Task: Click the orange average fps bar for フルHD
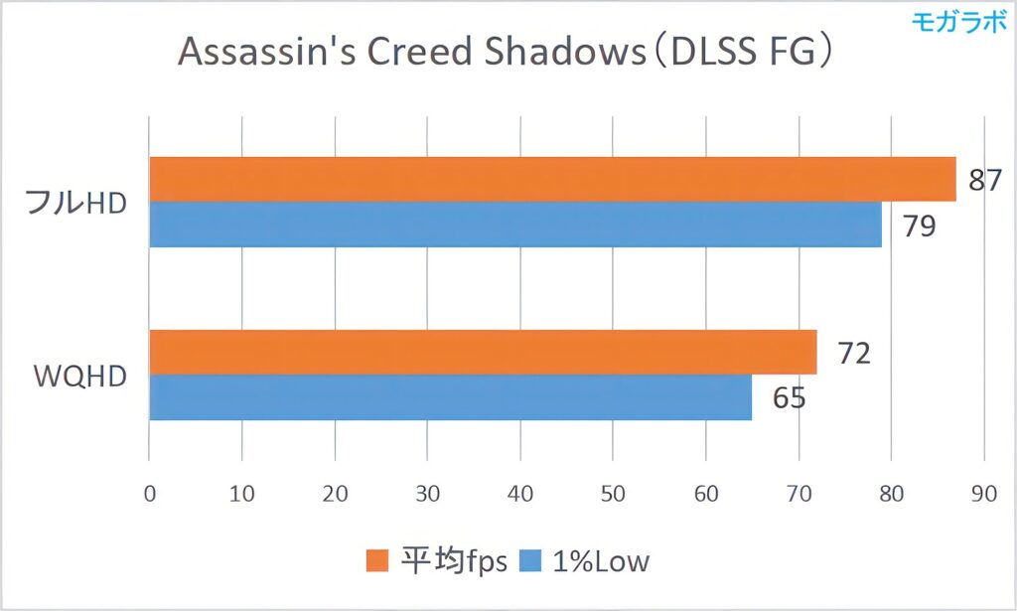pyautogui.click(x=551, y=179)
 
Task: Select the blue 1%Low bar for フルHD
pyautogui.click(x=514, y=225)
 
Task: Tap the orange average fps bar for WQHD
pyautogui.click(x=482, y=352)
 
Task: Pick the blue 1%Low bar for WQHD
pyautogui.click(x=449, y=397)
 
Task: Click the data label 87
pyautogui.click(x=984, y=182)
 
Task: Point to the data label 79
pyautogui.click(x=917, y=226)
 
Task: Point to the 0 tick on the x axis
pyautogui.click(x=149, y=493)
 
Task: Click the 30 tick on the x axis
pyautogui.click(x=427, y=493)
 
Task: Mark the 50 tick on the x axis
pyautogui.click(x=613, y=493)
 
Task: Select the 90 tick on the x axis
pyautogui.click(x=983, y=493)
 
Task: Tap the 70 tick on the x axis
pyautogui.click(x=799, y=493)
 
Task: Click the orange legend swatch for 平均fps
pyautogui.click(x=377, y=562)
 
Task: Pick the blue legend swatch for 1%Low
pyautogui.click(x=530, y=562)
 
